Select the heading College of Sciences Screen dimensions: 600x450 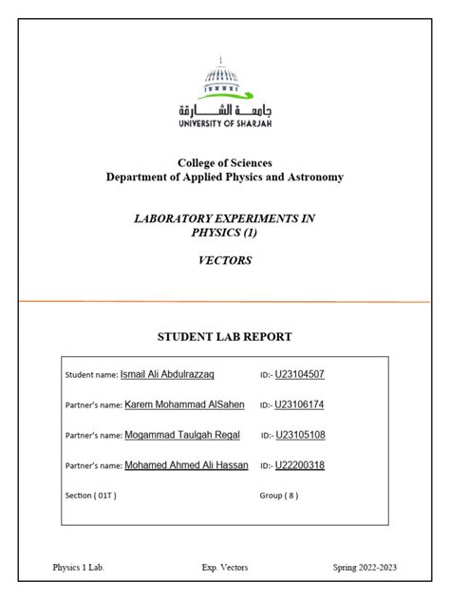point(225,163)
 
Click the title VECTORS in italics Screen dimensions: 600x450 point(225,261)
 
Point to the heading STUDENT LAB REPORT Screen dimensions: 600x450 point(224,336)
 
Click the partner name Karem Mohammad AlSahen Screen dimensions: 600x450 point(184,404)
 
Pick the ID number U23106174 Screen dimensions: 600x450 point(300,404)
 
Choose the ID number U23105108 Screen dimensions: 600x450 point(301,435)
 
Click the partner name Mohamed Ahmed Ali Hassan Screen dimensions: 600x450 point(186,465)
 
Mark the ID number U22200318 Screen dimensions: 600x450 point(300,465)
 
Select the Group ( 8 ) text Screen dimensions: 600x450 point(279,496)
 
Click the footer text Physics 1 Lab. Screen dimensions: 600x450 point(78,568)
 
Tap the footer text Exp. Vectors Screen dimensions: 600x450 point(224,568)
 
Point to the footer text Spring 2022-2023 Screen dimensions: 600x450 point(365,568)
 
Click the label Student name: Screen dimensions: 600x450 point(91,376)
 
